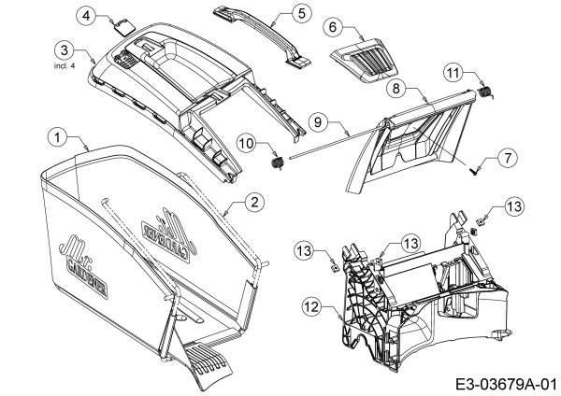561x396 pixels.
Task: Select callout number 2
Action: click(x=252, y=200)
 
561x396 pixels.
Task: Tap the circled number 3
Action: click(x=64, y=49)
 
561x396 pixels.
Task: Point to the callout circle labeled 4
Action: click(x=113, y=16)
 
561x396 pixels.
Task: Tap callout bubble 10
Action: click(x=246, y=143)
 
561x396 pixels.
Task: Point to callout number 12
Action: click(x=311, y=304)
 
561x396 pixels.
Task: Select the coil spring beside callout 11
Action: click(x=487, y=90)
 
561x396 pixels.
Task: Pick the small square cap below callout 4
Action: click(x=121, y=27)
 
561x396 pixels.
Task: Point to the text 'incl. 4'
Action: click(x=64, y=65)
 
